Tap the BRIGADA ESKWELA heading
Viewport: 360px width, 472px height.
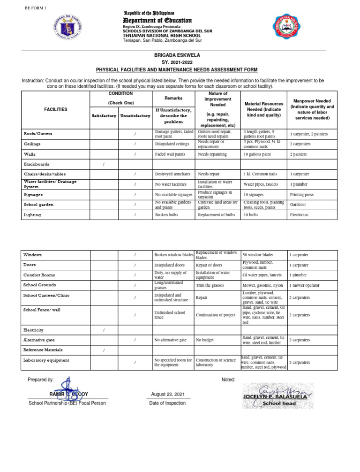coord(177,55)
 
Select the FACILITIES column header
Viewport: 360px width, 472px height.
coord(55,109)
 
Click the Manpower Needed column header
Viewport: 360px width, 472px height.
coord(312,109)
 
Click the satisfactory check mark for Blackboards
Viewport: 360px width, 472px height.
coord(104,164)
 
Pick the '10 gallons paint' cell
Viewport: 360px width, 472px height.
coord(257,154)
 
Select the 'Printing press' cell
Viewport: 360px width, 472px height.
coord(301,195)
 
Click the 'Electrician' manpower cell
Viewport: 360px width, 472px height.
coord(299,215)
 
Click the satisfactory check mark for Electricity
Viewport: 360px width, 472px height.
coord(104,330)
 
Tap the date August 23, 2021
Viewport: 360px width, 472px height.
coord(167,394)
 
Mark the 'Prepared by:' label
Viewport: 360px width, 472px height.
coord(41,379)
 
